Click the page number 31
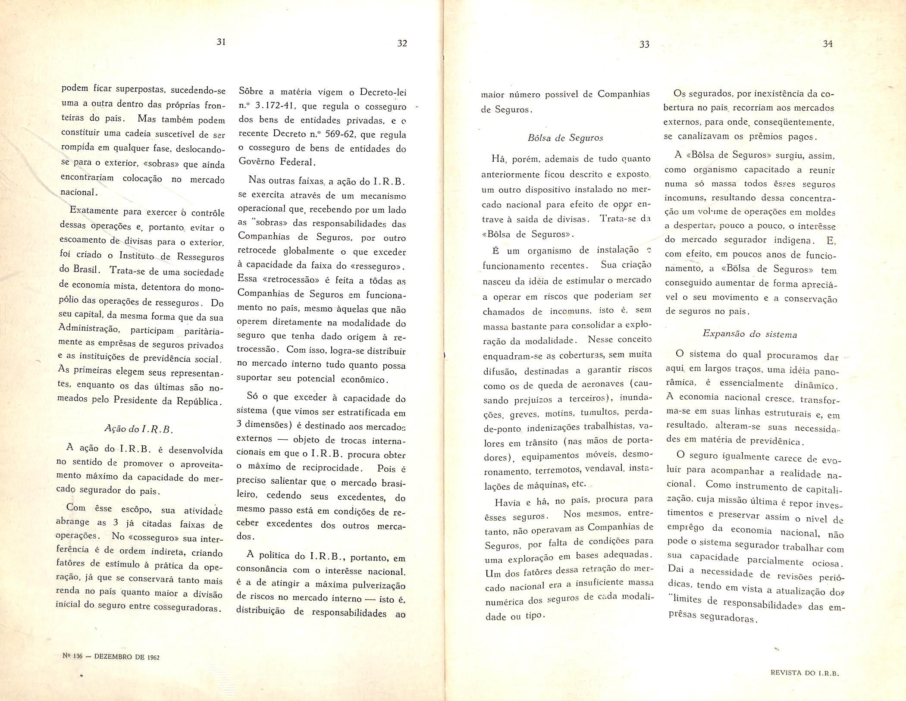pos(221,42)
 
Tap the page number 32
pos(402,43)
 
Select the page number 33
pos(644,44)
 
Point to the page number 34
pos(828,43)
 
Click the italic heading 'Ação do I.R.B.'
pos(138,429)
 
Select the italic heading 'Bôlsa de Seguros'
pos(565,138)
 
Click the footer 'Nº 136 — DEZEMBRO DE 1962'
pos(111,657)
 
